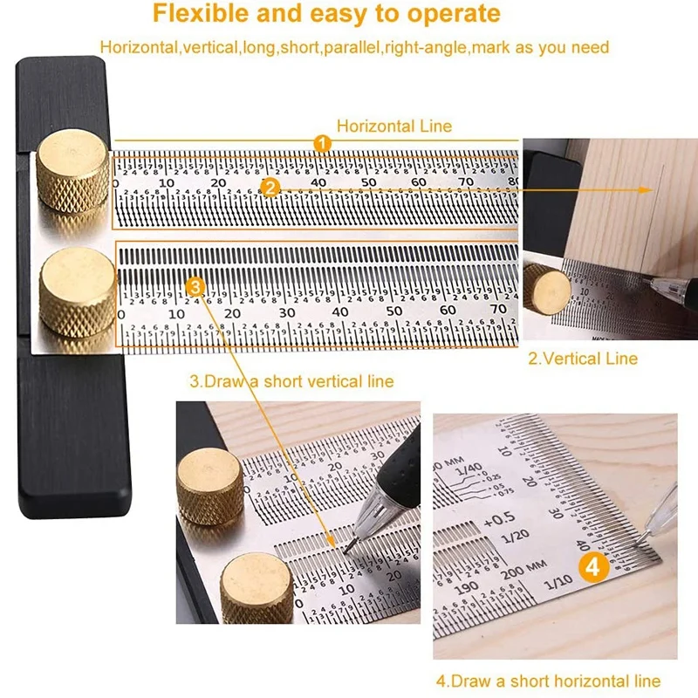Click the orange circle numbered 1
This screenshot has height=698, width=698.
point(322,142)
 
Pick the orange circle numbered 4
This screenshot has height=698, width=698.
point(593,566)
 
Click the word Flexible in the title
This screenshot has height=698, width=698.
point(195,14)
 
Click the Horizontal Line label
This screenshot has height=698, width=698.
point(394,126)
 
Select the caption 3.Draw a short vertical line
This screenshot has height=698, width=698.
point(291,381)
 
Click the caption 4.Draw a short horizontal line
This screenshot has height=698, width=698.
point(548,681)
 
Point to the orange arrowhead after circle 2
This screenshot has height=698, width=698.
point(645,188)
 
